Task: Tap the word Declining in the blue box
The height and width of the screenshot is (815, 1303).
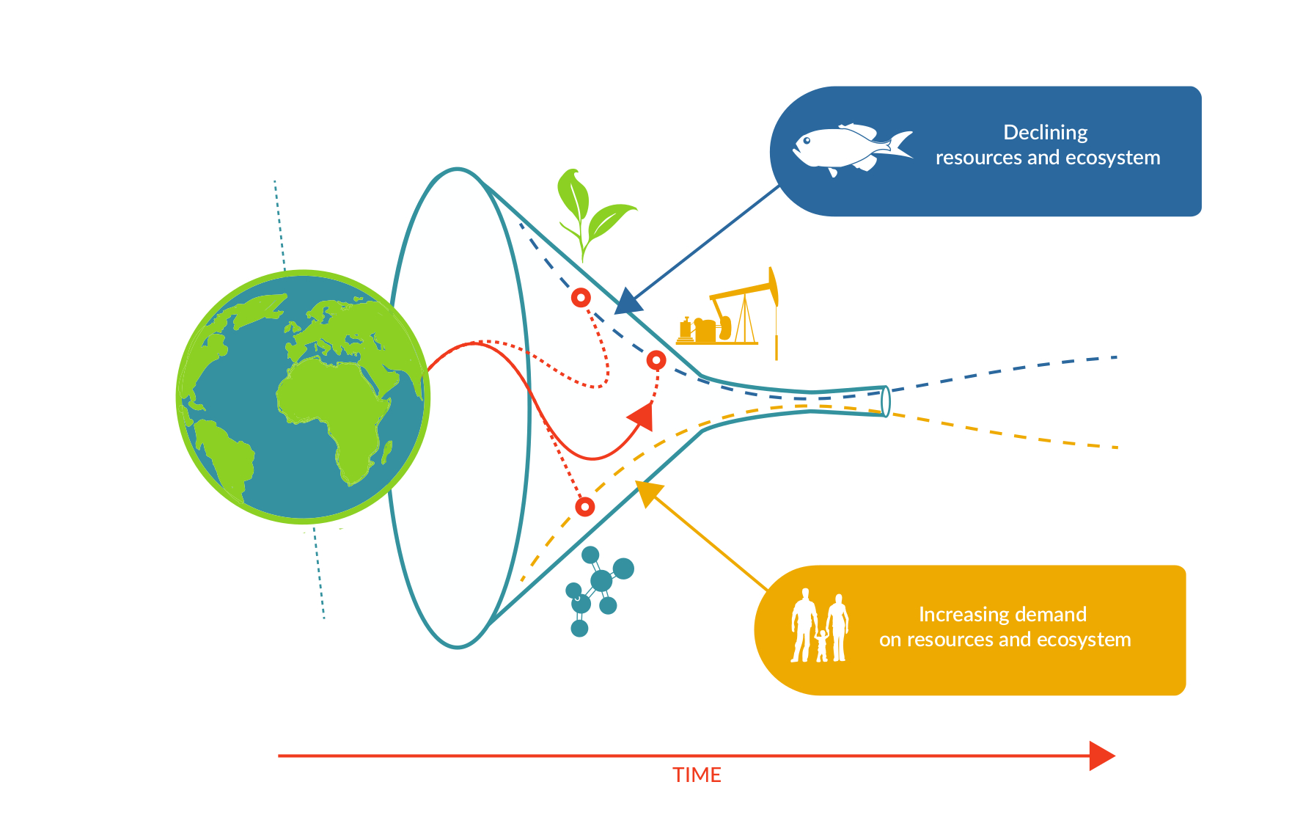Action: pyautogui.click(x=1045, y=133)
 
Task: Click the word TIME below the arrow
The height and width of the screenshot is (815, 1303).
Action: pyautogui.click(x=697, y=775)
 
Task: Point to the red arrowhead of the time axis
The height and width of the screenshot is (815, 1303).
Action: pyautogui.click(x=1102, y=756)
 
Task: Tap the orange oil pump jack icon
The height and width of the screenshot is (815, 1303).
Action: pyautogui.click(x=727, y=313)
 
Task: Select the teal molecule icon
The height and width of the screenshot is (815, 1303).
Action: pyautogui.click(x=599, y=591)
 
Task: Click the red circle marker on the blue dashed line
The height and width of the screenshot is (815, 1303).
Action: pyautogui.click(x=581, y=298)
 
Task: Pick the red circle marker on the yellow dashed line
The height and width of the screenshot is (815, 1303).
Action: pyautogui.click(x=584, y=507)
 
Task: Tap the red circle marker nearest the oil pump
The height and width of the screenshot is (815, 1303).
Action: pyautogui.click(x=656, y=360)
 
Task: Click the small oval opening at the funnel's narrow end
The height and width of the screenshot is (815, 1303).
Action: pyautogui.click(x=886, y=401)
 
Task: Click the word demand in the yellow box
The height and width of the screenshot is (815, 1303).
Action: pyautogui.click(x=1051, y=615)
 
